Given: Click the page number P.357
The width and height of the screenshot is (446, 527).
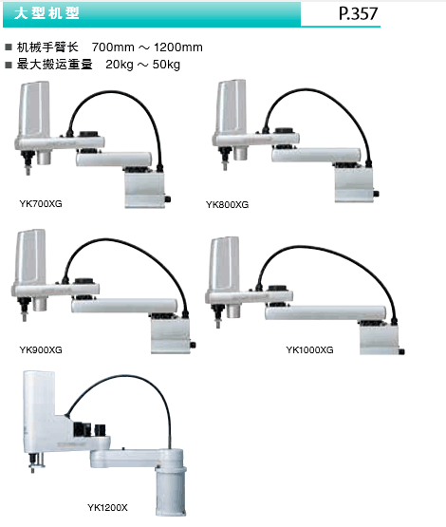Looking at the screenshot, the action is coord(358,14).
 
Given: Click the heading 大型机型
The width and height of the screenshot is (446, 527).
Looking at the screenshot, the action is coord(46,13).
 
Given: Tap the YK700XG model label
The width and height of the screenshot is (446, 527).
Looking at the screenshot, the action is coord(41,203).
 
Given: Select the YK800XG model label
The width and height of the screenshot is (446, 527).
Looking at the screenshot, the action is coord(227,205).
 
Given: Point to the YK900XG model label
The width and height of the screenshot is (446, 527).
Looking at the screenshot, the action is coord(41,349).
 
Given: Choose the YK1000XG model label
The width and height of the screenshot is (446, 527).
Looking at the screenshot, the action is coord(309,349).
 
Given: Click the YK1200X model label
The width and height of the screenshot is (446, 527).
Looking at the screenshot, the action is coord(107,507).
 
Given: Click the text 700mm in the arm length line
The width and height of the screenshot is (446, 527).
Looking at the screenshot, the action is coord(113,47).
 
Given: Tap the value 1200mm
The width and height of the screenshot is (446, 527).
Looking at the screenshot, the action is coord(178,47).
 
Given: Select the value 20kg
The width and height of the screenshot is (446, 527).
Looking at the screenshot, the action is coord(120,65).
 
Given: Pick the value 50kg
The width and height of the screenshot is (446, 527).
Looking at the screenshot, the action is coord(166,65).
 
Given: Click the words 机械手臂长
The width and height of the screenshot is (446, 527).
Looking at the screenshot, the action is coord(47,47).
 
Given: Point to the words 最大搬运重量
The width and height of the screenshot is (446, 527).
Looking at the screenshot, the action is coord(54,64).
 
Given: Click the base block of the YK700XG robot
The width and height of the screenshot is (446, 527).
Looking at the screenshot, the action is coord(145,189).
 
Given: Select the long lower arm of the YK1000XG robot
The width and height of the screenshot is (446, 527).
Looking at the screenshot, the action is coord(325,313).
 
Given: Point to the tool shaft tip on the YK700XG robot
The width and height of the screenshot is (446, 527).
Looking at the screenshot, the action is coord(28,172).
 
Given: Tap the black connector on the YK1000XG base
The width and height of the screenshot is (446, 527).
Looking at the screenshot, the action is coord(402,352).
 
